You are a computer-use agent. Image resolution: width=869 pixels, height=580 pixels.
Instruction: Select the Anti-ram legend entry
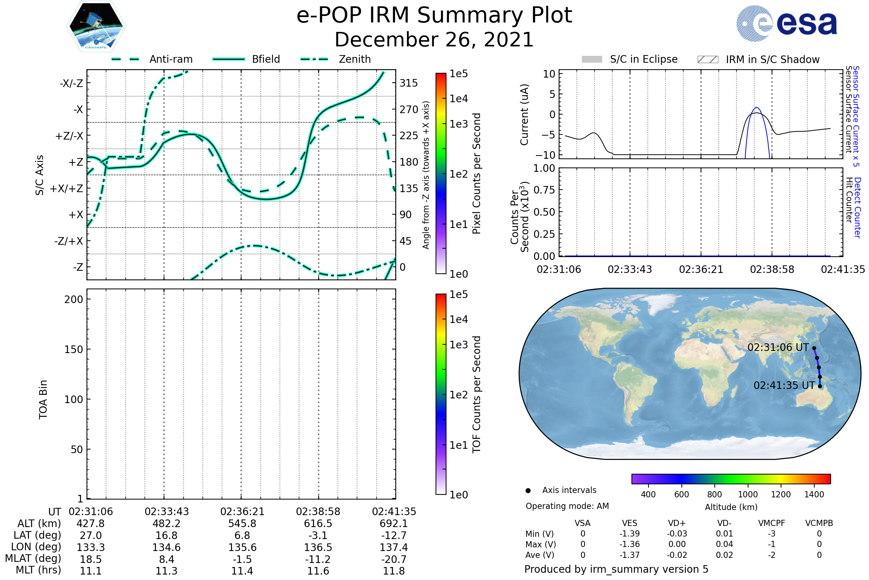(x=171, y=59)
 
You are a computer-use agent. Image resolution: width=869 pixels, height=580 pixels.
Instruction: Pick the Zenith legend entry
(x=354, y=59)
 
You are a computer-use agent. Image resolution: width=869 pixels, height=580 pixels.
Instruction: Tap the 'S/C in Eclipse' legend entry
(x=643, y=59)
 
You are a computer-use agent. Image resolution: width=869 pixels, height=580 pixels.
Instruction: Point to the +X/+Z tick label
(x=67, y=188)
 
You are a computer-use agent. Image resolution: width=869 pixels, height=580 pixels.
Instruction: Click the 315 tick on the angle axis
(x=408, y=83)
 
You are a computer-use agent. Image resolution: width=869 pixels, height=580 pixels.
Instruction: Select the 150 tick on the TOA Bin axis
(x=74, y=349)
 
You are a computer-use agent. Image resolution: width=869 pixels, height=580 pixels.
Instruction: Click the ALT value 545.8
(x=242, y=524)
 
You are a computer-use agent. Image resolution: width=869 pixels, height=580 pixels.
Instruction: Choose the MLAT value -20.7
(x=394, y=559)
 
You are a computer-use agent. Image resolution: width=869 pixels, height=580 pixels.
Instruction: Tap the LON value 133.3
(x=91, y=547)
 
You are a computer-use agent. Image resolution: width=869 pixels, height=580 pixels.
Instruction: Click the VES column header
(x=630, y=523)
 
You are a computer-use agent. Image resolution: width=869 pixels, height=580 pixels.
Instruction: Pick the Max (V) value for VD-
(x=724, y=544)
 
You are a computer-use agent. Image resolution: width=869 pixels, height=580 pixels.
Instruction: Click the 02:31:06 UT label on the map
(x=778, y=348)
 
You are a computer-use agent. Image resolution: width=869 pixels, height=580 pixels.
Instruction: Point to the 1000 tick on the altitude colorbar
(x=747, y=494)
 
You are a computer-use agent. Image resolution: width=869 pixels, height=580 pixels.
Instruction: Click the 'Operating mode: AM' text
(x=567, y=506)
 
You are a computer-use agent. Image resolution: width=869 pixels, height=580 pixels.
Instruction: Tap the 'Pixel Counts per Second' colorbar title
(x=477, y=174)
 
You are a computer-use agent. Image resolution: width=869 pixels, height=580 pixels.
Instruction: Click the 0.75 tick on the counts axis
(x=544, y=190)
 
